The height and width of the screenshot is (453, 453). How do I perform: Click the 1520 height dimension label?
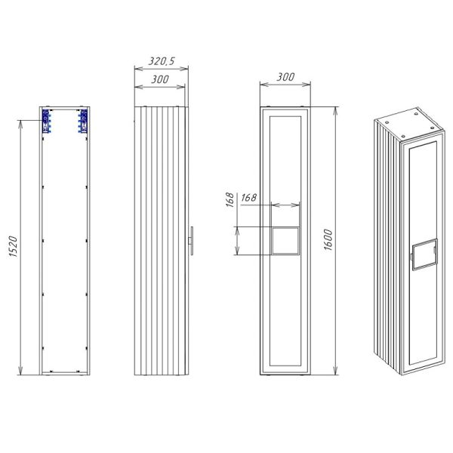click(14, 246)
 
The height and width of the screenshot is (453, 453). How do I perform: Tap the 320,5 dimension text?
click(162, 61)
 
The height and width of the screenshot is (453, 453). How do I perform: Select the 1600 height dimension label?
click(328, 240)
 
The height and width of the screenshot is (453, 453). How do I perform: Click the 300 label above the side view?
click(160, 79)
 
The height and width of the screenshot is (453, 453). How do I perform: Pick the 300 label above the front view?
click(285, 77)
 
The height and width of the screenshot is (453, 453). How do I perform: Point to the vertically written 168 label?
click(230, 199)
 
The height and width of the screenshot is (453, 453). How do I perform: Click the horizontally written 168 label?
click(248, 198)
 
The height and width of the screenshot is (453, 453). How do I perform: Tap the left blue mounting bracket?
click(46, 121)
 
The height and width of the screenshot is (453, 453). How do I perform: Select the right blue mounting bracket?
click(83, 121)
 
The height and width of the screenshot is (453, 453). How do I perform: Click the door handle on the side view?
click(191, 241)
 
